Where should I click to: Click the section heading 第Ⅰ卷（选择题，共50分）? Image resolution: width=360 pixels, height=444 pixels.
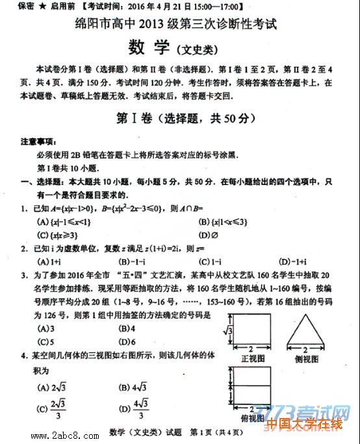click(180, 119)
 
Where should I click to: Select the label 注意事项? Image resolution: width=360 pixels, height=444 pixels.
click(38, 141)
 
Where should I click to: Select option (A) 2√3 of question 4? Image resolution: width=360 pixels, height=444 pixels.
click(49, 388)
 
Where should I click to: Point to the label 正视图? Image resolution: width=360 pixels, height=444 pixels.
click(250, 358)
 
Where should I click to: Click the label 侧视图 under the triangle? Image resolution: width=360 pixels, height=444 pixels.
click(305, 358)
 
